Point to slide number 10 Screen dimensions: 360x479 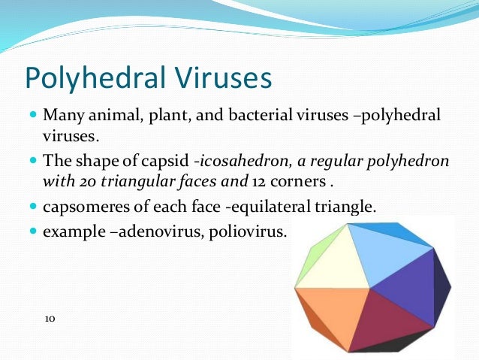pyautogui.click(x=50, y=319)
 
